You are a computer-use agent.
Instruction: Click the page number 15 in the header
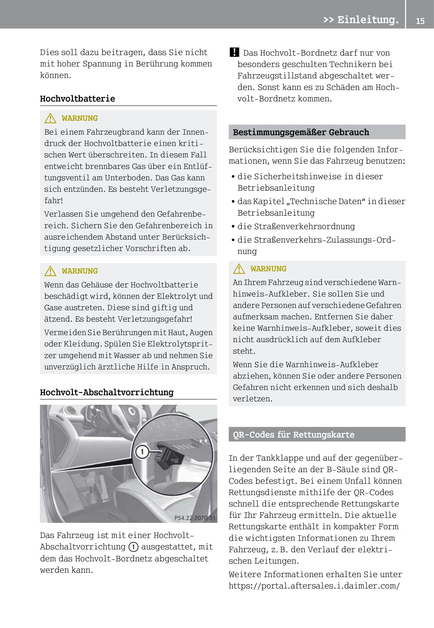point(420,21)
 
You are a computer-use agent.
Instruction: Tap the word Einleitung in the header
point(367,19)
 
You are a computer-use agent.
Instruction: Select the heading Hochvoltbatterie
point(78,99)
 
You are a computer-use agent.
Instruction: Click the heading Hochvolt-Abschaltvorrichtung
point(107,392)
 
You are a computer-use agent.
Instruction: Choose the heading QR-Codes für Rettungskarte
point(294,434)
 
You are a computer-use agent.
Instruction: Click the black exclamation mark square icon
point(234,52)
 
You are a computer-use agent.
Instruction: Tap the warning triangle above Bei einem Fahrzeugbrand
point(50,118)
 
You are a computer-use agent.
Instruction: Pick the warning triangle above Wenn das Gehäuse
point(50,271)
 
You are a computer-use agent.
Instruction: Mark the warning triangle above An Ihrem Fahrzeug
point(239,269)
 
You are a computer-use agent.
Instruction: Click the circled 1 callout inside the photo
point(142,452)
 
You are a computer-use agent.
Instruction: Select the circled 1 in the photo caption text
point(133,547)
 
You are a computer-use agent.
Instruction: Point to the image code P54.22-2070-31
point(195,518)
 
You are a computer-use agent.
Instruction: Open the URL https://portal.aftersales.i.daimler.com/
point(314,585)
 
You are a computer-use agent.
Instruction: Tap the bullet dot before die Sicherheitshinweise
point(233,177)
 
